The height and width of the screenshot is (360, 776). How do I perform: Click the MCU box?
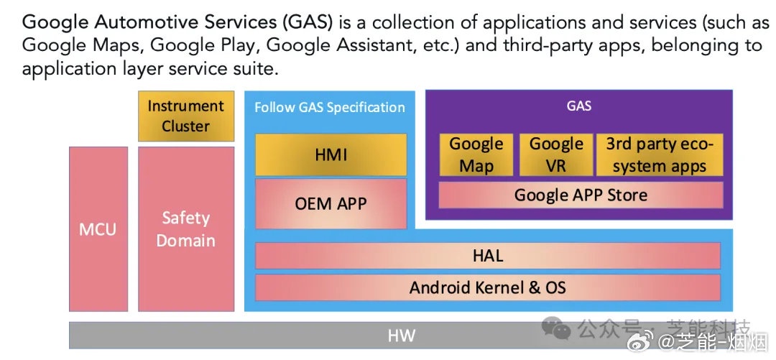pyautogui.click(x=98, y=229)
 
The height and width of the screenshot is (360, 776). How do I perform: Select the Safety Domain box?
pyautogui.click(x=186, y=229)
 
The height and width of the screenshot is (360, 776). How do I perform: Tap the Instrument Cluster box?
pyautogui.click(x=186, y=116)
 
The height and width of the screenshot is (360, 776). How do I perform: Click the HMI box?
pyautogui.click(x=331, y=154)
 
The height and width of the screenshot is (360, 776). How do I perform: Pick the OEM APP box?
pyautogui.click(x=331, y=203)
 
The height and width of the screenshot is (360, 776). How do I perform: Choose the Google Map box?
pyautogui.click(x=476, y=154)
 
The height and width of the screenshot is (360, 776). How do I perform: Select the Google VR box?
pyautogui.click(x=556, y=154)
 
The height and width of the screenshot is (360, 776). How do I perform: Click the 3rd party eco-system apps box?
pyautogui.click(x=660, y=154)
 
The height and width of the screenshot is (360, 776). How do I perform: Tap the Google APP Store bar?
pyautogui.click(x=581, y=195)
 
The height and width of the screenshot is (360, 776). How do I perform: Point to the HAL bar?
pyautogui.click(x=488, y=256)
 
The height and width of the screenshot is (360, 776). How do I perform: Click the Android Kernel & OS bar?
pyautogui.click(x=488, y=288)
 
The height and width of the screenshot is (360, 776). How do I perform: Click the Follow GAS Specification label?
pyautogui.click(x=330, y=107)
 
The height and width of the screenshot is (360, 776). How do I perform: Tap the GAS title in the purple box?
pyautogui.click(x=579, y=106)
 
